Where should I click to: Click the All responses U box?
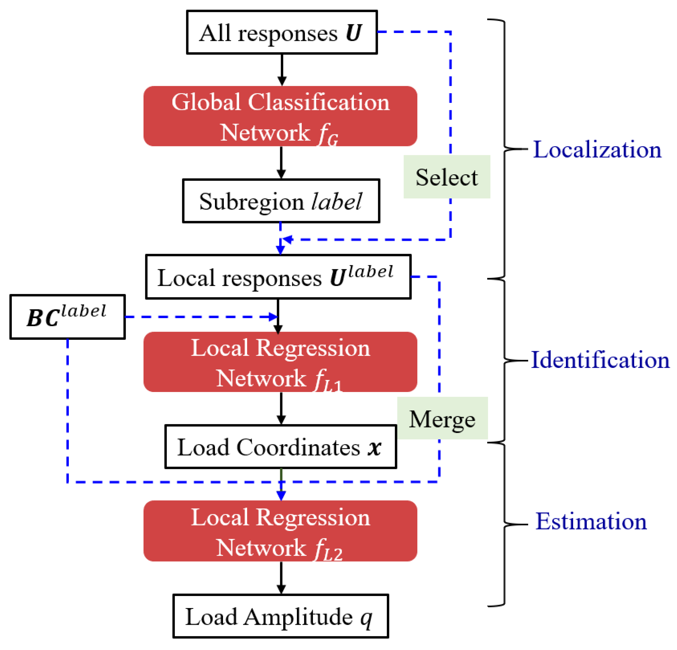click(x=282, y=32)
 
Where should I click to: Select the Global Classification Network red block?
click(x=280, y=116)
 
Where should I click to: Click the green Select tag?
click(x=447, y=177)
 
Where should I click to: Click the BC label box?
click(x=67, y=317)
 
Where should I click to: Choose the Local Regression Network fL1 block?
click(x=280, y=362)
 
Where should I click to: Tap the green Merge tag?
click(x=442, y=419)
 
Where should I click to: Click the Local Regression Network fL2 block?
click(x=280, y=531)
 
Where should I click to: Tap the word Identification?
click(x=600, y=360)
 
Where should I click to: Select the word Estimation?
click(x=591, y=522)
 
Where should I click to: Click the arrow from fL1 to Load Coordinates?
click(x=281, y=409)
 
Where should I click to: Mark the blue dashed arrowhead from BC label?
click(x=273, y=317)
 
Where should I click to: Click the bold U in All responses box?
click(x=353, y=33)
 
